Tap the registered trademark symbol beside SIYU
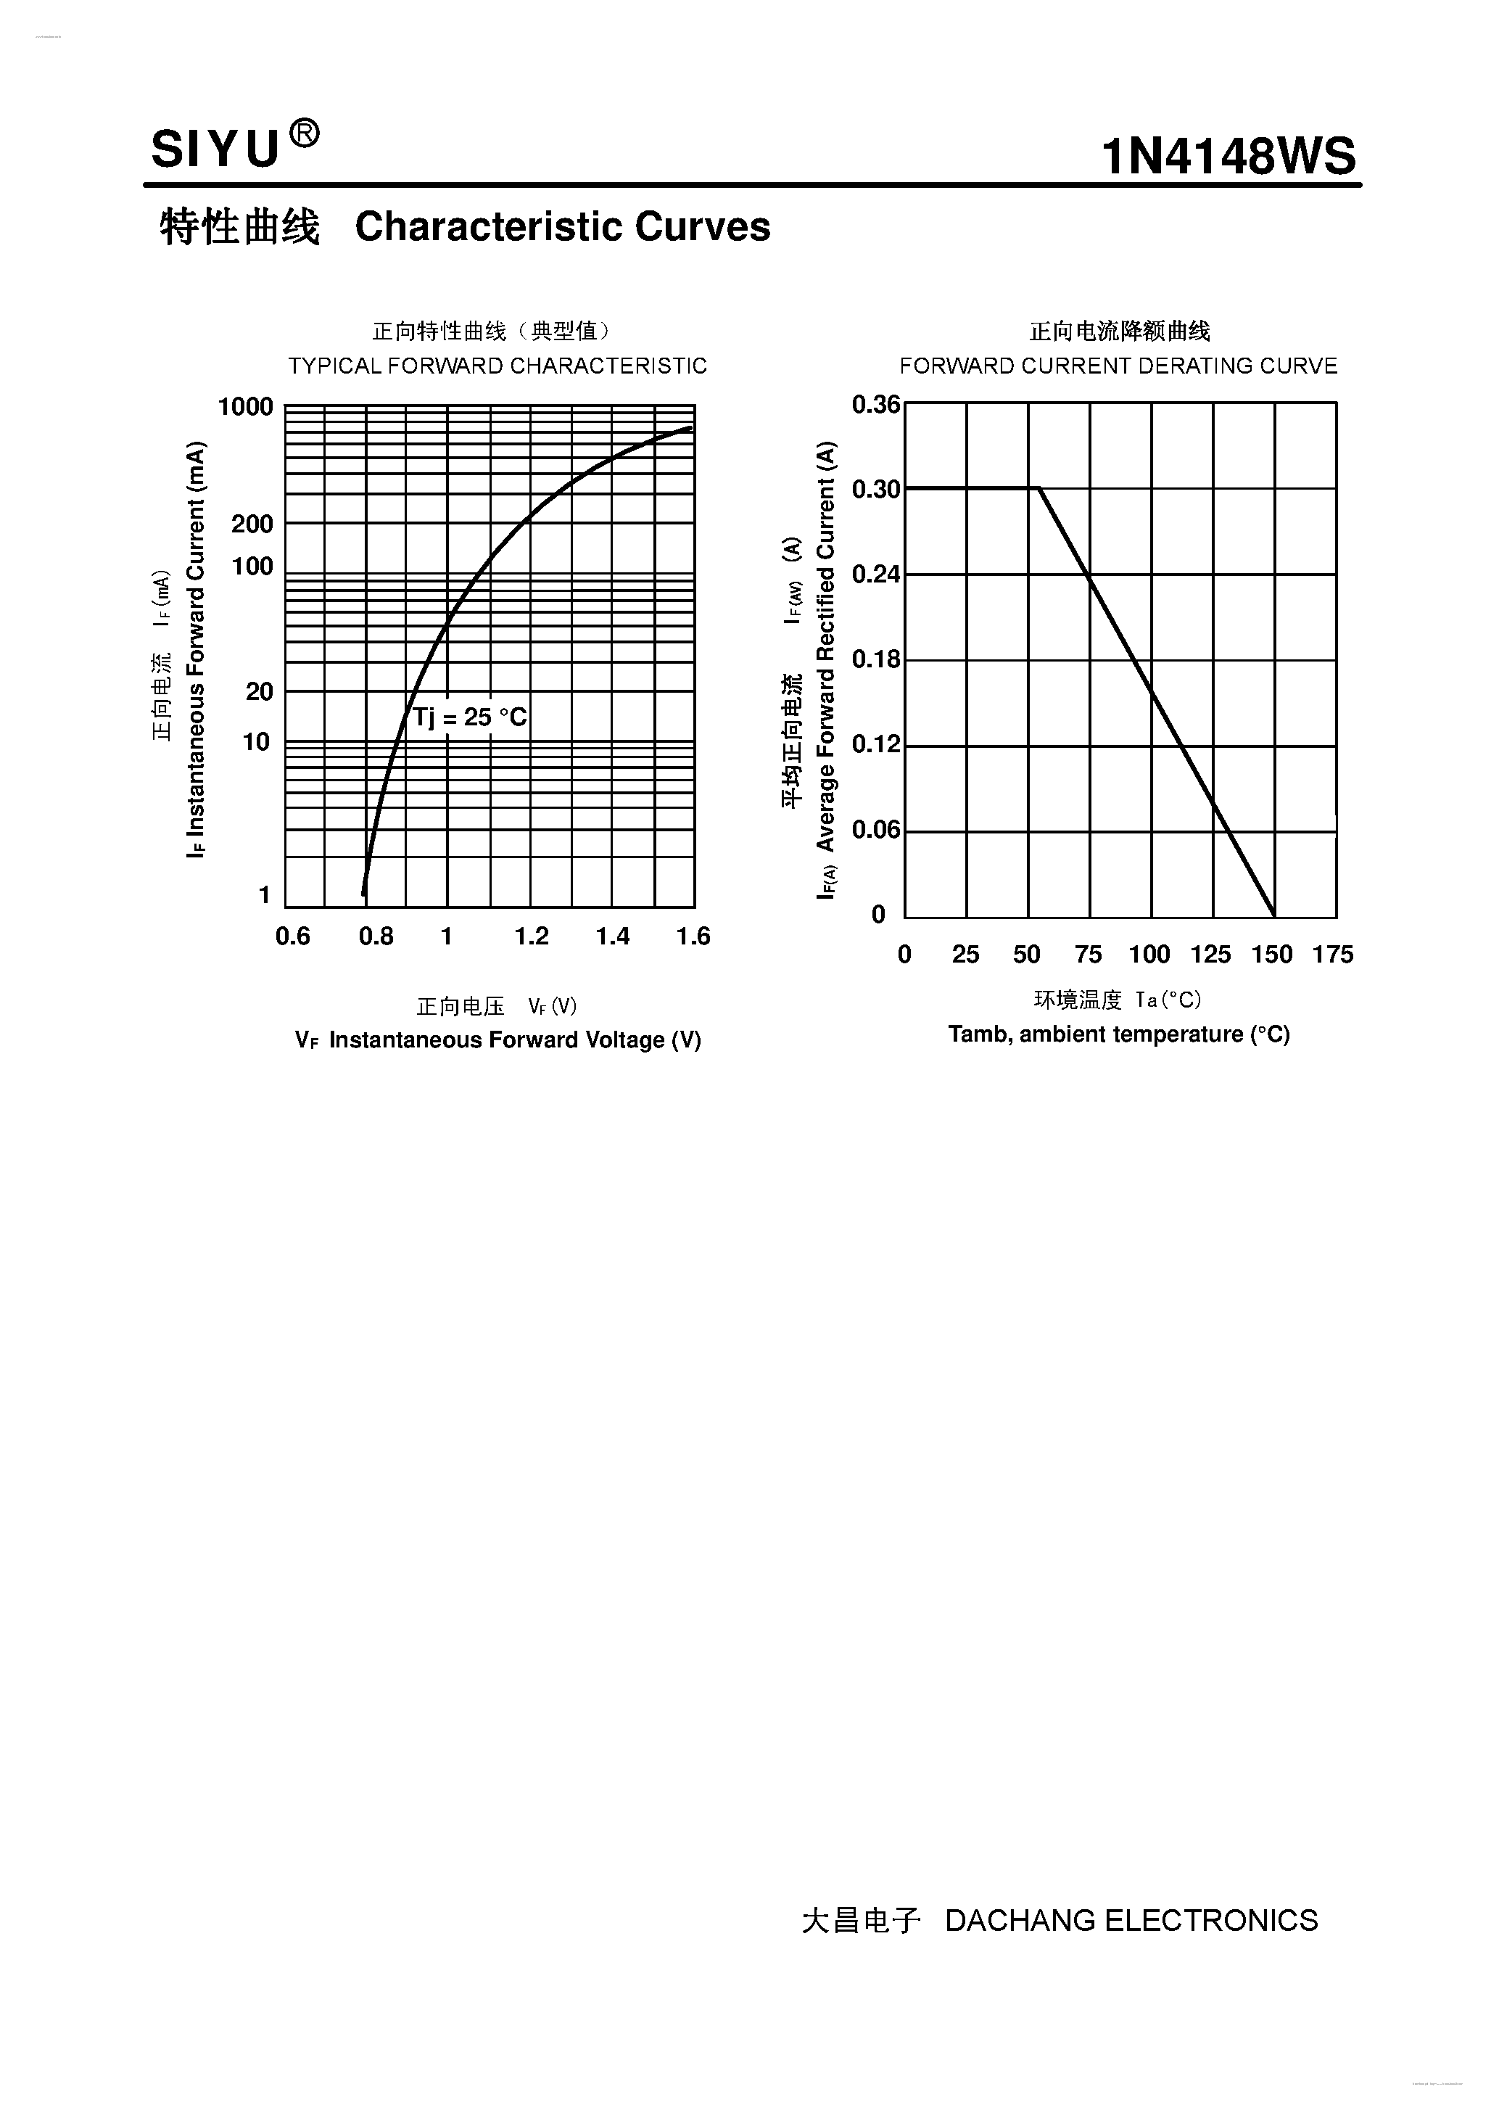click(305, 135)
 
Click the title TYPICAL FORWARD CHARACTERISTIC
click(497, 366)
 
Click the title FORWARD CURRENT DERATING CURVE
click(1118, 366)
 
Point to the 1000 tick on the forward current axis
click(246, 406)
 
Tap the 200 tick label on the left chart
click(252, 524)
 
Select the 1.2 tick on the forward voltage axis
click(531, 936)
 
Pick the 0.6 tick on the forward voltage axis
click(293, 936)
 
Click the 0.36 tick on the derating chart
click(875, 405)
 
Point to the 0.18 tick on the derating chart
click(875, 659)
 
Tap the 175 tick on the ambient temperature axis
click(1333, 955)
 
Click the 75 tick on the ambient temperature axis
click(1088, 955)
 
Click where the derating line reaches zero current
click(1275, 916)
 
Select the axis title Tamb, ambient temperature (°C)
click(1118, 1034)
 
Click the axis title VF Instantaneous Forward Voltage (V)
click(497, 1040)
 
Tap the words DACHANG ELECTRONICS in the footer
click(1131, 1921)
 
